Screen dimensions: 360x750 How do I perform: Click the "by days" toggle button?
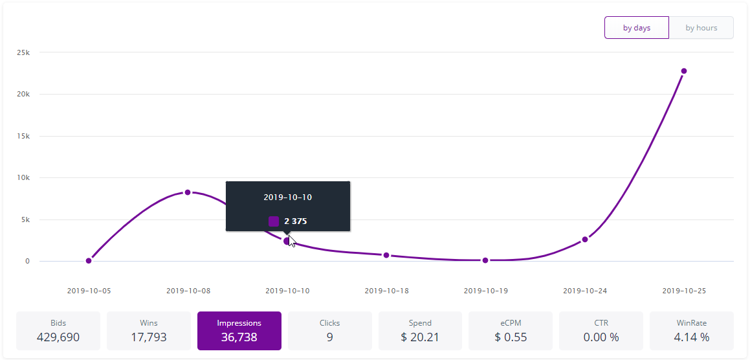[x=636, y=28]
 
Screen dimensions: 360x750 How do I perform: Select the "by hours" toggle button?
[x=701, y=28]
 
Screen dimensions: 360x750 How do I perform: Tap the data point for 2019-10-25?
[x=683, y=71]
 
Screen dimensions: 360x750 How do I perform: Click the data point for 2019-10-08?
[x=188, y=192]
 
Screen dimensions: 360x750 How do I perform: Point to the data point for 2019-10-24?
[x=585, y=240]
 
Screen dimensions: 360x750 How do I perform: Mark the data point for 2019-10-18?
[x=386, y=255]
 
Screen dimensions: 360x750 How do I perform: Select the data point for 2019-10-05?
[x=89, y=261]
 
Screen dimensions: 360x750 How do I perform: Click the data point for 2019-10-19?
[x=485, y=260]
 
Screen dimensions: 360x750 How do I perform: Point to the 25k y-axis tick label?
[x=23, y=52]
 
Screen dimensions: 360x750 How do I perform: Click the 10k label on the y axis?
[x=23, y=178]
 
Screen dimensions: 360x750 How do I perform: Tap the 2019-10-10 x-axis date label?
[x=287, y=291]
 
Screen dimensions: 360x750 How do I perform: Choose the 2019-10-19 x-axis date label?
[x=486, y=291]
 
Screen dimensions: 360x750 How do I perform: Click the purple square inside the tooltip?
[x=274, y=221]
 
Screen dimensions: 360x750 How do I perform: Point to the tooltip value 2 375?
[x=295, y=221]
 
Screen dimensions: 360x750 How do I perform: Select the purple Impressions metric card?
[x=239, y=330]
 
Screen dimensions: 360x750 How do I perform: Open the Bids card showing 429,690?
[x=58, y=330]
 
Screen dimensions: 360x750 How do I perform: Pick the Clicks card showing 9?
[x=330, y=330]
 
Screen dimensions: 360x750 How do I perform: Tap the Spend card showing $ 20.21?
[x=421, y=330]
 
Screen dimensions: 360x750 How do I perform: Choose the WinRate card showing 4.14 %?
[x=692, y=330]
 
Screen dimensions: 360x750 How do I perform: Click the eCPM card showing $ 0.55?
[x=511, y=330]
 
